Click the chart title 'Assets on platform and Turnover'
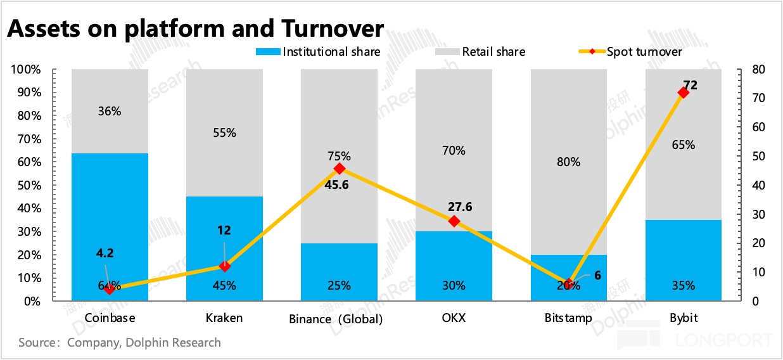(x=195, y=28)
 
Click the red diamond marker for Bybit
(x=683, y=93)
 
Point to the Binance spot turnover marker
(x=340, y=169)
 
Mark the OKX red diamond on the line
(x=454, y=221)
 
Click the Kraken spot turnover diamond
(x=224, y=266)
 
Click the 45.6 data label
(x=340, y=186)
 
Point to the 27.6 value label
(x=460, y=207)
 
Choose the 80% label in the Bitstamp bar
(x=568, y=162)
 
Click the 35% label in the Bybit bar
(x=683, y=285)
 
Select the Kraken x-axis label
(x=224, y=318)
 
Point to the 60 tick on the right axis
(x=758, y=127)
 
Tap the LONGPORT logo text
(x=722, y=341)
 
